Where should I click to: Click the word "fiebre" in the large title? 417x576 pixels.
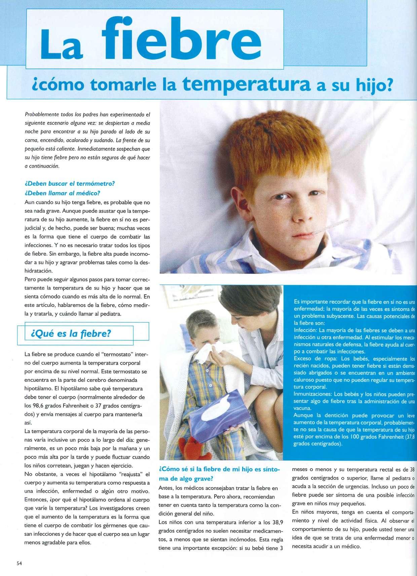click(183, 41)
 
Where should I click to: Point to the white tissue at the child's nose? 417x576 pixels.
click(212, 354)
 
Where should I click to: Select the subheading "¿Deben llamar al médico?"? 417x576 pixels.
click(63, 193)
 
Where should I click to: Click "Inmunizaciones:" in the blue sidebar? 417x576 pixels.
click(313, 394)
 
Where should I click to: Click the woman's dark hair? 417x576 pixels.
click(242, 301)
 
